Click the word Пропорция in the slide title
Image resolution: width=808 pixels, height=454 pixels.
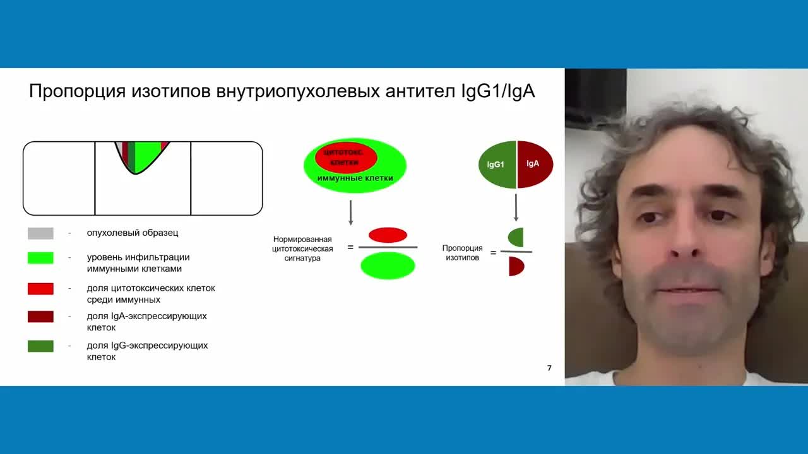[x=77, y=91]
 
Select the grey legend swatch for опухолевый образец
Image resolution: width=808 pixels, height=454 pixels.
[x=40, y=233]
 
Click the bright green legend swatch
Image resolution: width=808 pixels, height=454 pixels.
[x=40, y=258]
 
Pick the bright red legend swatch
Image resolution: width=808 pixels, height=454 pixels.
[x=40, y=288]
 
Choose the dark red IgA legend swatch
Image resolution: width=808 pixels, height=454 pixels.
[x=40, y=316]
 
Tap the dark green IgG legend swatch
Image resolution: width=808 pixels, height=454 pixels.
[x=40, y=346]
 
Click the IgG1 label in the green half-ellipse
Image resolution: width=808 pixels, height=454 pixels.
[x=496, y=165]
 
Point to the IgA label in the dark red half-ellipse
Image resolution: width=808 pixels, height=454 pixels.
[x=533, y=164]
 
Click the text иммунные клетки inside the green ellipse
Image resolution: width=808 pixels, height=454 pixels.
[x=355, y=178]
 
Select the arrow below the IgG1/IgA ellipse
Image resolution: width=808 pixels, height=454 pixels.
[x=516, y=207]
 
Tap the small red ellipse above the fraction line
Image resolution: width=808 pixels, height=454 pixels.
[x=388, y=235]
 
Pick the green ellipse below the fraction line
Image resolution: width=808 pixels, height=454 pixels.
[x=388, y=265]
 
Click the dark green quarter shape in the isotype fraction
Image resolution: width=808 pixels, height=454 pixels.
[x=517, y=238]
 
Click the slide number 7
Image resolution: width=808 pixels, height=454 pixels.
[x=549, y=368]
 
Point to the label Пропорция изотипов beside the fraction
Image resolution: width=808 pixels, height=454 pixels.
[x=462, y=253]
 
